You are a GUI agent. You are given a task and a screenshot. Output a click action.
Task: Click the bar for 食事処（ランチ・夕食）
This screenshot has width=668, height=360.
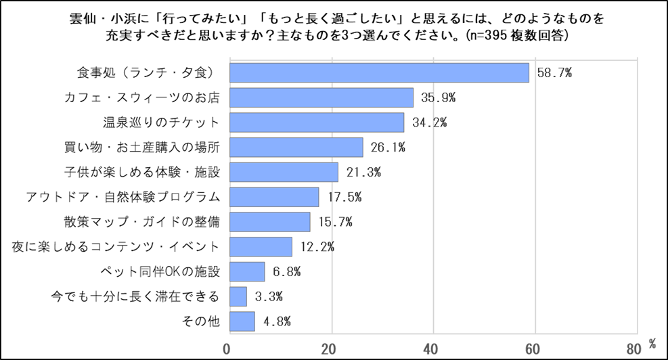point(379,72)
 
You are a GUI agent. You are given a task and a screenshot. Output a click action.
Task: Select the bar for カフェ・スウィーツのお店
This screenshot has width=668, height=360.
point(321,97)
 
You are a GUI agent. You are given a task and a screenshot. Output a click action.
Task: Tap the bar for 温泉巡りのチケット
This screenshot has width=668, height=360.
point(317,122)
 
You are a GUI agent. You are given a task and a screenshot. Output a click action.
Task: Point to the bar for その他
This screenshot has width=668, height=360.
point(242,321)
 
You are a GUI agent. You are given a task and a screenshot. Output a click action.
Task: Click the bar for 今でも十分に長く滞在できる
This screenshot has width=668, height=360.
point(238,296)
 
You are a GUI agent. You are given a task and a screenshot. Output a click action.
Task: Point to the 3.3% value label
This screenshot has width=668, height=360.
point(267,296)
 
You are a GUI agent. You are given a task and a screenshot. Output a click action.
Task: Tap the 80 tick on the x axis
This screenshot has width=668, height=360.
point(633,349)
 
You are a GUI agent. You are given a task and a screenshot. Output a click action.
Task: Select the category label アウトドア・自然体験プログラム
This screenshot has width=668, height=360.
point(123,197)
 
